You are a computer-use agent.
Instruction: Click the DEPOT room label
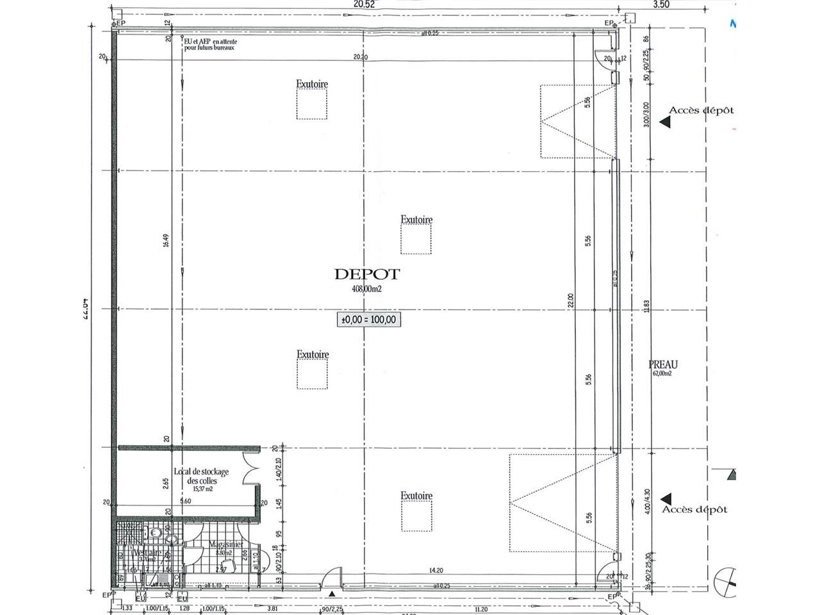[x=366, y=274]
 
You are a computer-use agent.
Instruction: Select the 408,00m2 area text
[x=366, y=289]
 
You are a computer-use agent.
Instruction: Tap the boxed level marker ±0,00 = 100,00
[x=370, y=319]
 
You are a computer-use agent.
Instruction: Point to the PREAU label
[x=663, y=365]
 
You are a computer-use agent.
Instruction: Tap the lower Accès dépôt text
[x=695, y=509]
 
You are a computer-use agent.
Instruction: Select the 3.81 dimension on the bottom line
[x=272, y=609]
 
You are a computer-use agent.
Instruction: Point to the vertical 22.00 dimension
[x=570, y=301]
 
